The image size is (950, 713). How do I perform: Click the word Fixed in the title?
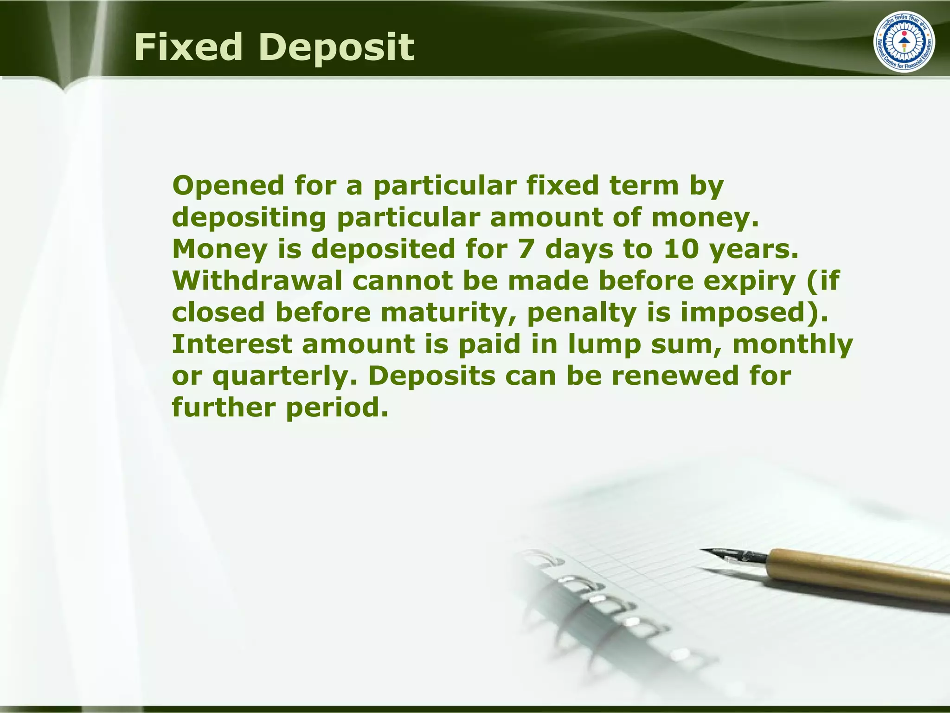coord(188,47)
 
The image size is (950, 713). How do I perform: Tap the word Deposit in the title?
coord(338,48)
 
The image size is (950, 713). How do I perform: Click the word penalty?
coord(582,312)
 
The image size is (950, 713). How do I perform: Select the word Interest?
coord(232,344)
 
